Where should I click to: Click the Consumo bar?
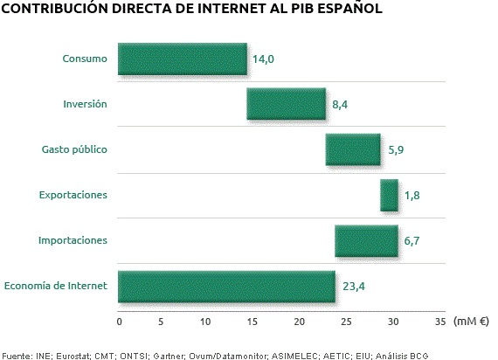182,59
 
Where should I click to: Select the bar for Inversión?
286,104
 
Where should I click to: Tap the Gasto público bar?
353,149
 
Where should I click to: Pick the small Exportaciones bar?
389,195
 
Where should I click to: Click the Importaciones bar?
366,240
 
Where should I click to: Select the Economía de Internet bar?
226,286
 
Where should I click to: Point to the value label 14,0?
263,59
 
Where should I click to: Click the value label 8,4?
340,105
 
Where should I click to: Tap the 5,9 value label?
395,150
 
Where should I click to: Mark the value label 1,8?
412,196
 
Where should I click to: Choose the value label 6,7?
412,241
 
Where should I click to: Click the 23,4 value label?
352,287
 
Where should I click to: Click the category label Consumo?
85,59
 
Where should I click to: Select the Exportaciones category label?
73,194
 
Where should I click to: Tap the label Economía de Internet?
56,285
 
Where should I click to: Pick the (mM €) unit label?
472,321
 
